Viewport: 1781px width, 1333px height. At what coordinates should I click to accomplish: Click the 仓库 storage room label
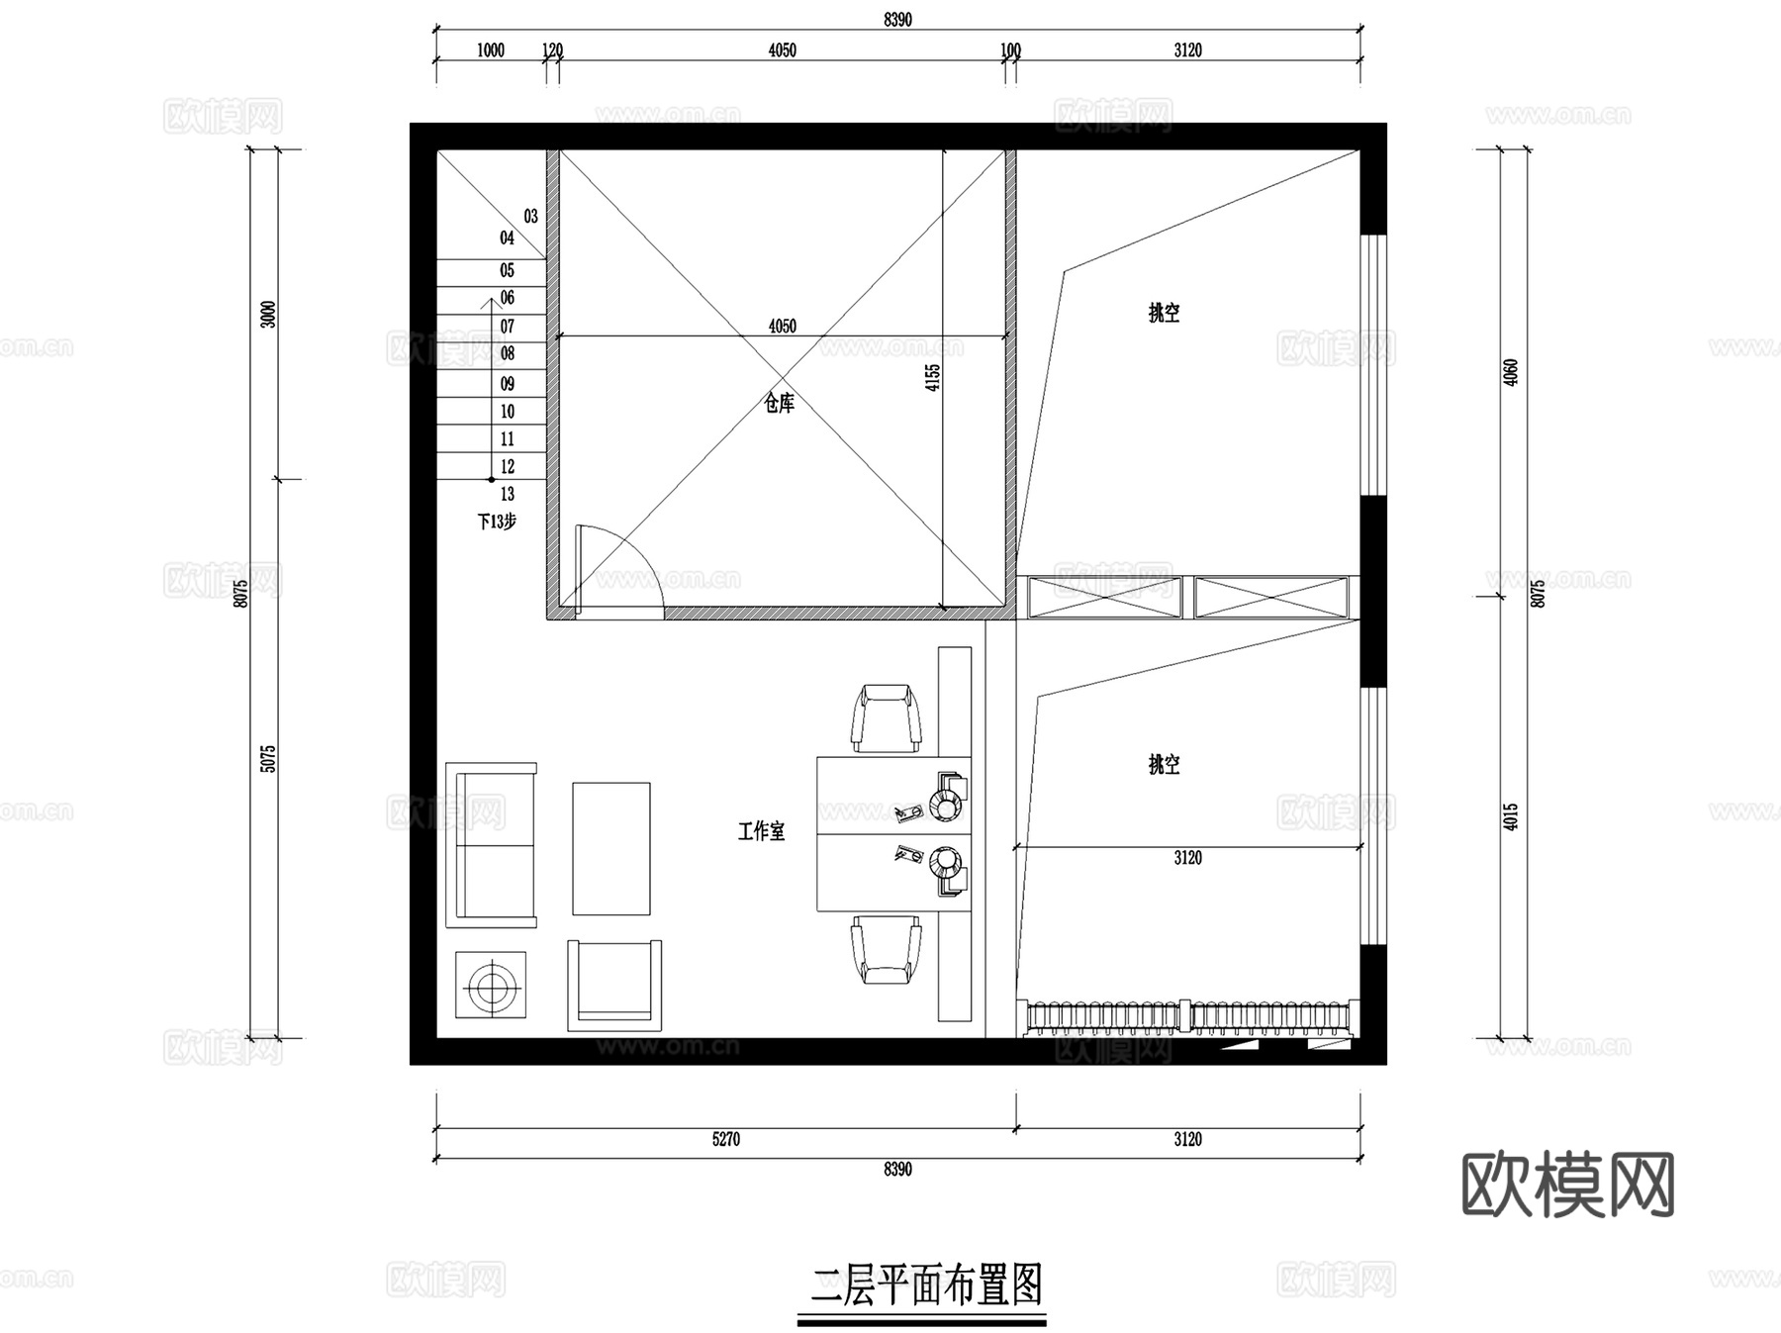coord(780,403)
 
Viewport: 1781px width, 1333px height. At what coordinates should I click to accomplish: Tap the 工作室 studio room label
coord(761,831)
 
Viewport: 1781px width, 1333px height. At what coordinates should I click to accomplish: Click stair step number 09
coord(508,384)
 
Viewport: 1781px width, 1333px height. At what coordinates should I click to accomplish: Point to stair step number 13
coord(508,494)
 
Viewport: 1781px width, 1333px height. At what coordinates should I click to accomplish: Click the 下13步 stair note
coord(497,522)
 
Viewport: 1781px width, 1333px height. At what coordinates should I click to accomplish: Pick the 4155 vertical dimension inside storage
coord(933,377)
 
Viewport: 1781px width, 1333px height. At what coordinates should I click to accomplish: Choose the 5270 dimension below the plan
coord(725,1139)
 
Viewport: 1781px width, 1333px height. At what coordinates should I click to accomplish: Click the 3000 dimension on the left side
coord(268,315)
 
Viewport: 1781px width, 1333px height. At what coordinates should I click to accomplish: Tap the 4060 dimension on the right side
coord(1510,372)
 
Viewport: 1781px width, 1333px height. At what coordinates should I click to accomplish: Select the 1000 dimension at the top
coord(491,50)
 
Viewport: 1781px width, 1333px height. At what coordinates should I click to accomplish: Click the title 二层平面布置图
coord(926,1286)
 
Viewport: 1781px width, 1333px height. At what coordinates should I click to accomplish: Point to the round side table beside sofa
coord(491,985)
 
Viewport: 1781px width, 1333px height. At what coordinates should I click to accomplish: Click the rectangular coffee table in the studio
coord(611,848)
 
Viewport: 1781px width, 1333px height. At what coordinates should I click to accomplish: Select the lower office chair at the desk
coord(887,949)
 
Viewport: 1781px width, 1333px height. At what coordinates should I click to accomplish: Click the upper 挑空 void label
coord(1164,313)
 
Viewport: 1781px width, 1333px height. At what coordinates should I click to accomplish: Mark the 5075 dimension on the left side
coord(268,759)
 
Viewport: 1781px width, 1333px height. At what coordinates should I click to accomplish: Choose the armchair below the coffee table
coord(614,985)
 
